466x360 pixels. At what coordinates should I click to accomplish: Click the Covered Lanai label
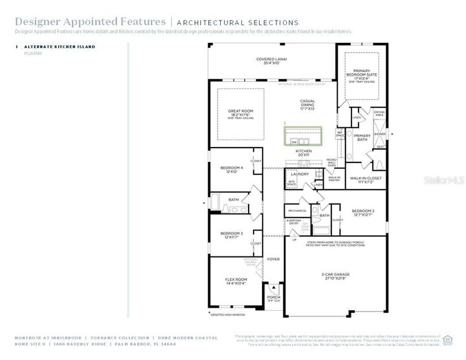coord(271,61)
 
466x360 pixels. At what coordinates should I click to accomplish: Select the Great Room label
coord(239,113)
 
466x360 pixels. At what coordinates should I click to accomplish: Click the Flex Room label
coord(235,280)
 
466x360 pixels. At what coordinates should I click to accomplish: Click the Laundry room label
coord(300,174)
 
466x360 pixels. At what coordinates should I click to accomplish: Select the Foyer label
coord(274,259)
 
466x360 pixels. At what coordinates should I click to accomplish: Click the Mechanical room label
coord(297,210)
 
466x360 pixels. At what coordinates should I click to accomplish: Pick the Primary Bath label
coord(362,137)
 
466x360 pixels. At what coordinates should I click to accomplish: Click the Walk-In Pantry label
coord(335,178)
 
